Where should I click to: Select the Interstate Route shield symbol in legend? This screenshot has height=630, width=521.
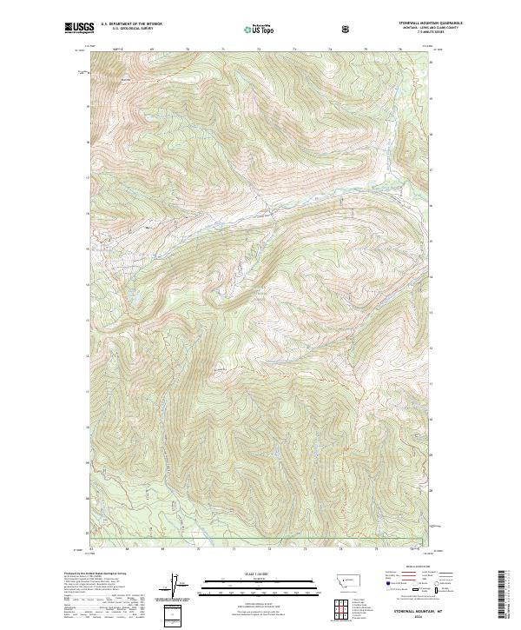(379, 589)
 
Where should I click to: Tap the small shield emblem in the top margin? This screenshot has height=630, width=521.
(347, 29)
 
